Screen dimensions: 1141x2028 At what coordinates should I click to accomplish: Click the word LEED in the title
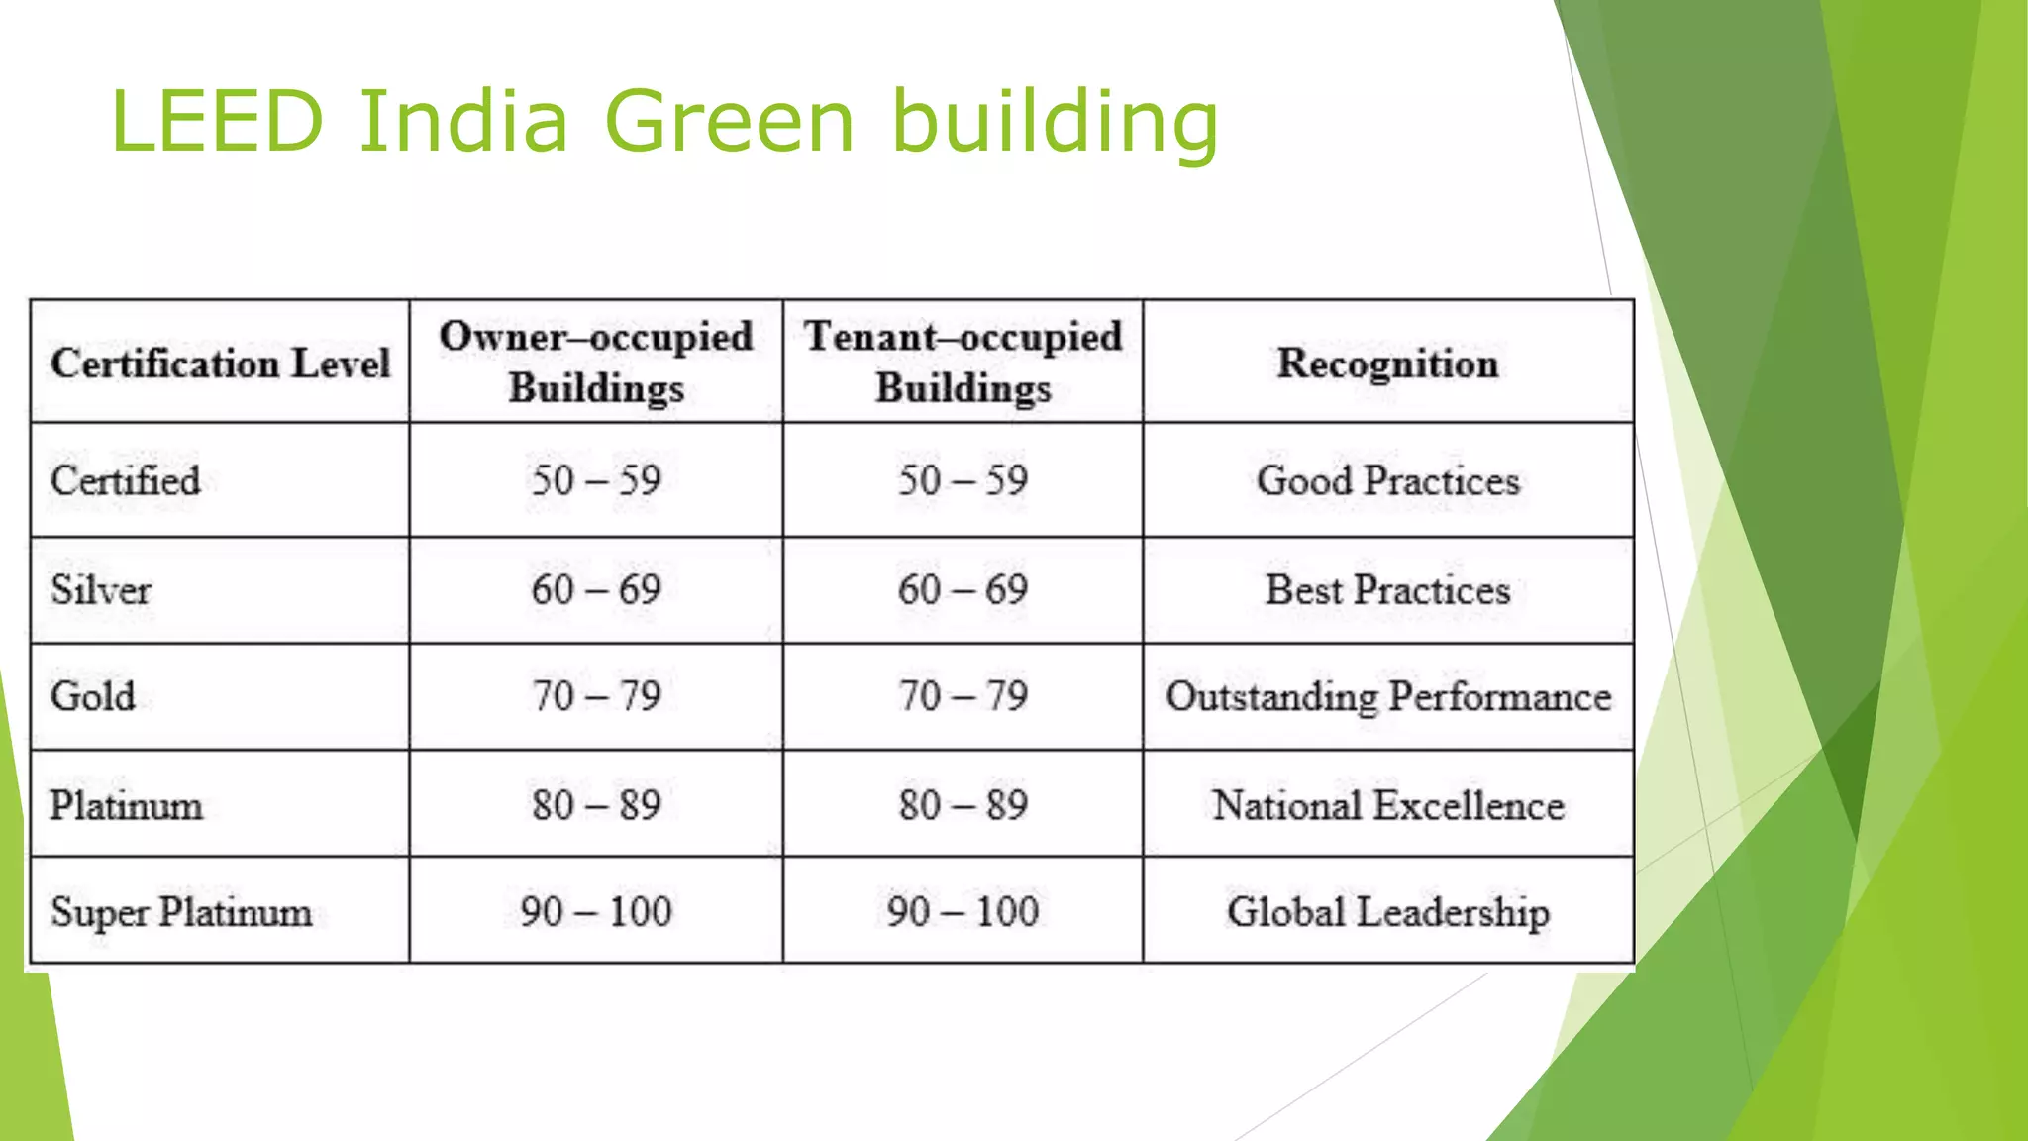pos(217,122)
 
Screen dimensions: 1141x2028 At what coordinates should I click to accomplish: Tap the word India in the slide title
pos(463,122)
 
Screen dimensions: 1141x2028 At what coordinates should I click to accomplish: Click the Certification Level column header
pos(220,363)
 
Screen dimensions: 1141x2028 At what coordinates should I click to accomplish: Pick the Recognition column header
pos(1387,363)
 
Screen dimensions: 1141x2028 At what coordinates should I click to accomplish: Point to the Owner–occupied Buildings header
pos(596,362)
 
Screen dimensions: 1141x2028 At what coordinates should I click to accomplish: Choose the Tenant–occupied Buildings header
pos(963,362)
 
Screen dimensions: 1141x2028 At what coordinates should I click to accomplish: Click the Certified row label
pos(126,481)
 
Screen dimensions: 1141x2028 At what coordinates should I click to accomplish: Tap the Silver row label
pos(101,590)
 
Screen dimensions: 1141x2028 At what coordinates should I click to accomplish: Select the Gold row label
pos(93,696)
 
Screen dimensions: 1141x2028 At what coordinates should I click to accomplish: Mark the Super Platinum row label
pos(181,912)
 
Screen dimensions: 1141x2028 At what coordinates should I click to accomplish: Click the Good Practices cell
pos(1387,481)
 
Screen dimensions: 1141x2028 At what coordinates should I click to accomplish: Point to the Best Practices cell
pos(1387,590)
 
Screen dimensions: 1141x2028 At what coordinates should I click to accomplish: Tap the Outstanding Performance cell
pos(1387,697)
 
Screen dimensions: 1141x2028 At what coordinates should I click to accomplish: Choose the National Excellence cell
pos(1387,805)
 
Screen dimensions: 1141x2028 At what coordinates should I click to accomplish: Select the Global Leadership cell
pos(1387,912)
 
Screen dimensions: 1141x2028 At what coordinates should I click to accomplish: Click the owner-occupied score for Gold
pos(596,696)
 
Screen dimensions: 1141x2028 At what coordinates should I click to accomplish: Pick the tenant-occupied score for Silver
pos(963,590)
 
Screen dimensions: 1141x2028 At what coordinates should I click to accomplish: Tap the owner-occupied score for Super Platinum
pos(596,912)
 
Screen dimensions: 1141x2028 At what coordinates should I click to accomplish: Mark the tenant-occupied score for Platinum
pos(963,805)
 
